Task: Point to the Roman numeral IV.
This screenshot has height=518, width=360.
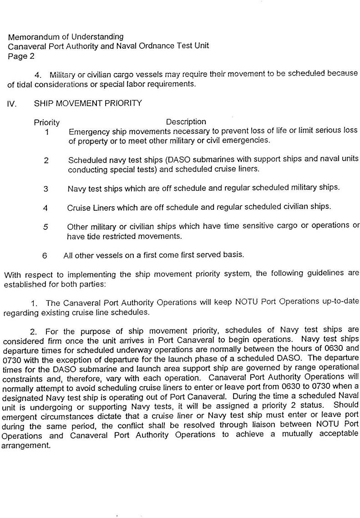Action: tap(12, 104)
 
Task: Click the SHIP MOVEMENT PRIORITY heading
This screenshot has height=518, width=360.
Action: tap(87, 103)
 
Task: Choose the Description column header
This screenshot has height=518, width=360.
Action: tap(186, 122)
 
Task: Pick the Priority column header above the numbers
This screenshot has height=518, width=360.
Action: tap(46, 122)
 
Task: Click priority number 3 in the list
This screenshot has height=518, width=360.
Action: tap(46, 189)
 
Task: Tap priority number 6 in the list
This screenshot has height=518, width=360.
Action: tap(45, 255)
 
